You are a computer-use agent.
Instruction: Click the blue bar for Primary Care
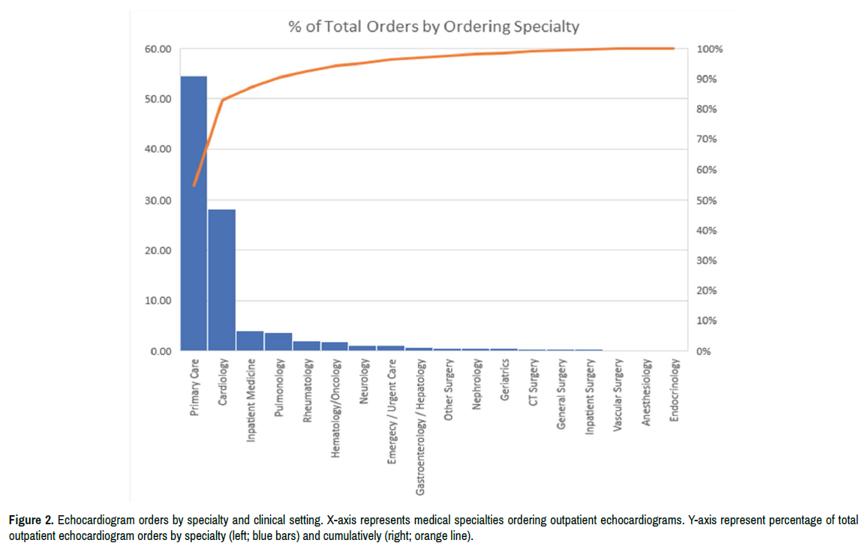coord(194,214)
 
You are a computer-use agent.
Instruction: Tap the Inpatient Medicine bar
coord(250,341)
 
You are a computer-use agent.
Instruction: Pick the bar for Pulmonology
coord(278,342)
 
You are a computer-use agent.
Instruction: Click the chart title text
coord(434,26)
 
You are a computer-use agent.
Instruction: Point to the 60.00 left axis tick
coord(158,49)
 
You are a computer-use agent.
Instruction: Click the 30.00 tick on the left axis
coord(158,200)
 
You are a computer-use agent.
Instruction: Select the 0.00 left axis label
coord(161,351)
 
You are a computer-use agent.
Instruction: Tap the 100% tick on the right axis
coord(709,49)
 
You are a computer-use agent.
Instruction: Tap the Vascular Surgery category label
coord(618,393)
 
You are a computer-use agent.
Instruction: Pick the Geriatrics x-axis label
coord(505,379)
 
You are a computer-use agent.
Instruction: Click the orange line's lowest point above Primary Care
coord(194,185)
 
